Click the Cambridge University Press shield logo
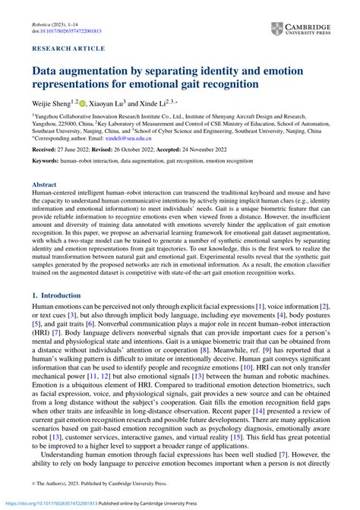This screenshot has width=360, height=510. coord(277,30)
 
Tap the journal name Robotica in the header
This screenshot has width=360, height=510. coord(44,23)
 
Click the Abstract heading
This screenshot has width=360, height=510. coord(45,184)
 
